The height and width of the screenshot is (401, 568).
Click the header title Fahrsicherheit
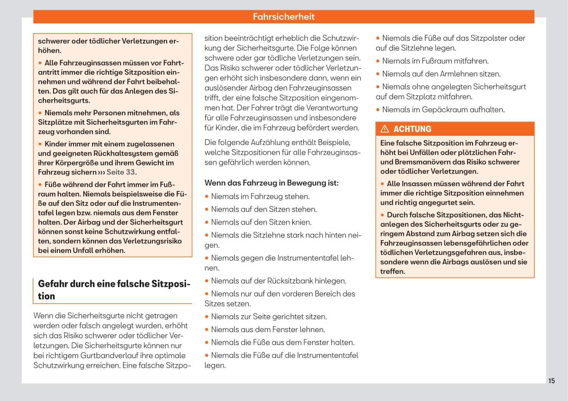283,17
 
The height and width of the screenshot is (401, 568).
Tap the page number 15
551,381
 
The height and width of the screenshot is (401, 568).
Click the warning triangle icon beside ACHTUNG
385,129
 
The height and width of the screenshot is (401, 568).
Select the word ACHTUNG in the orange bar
412,129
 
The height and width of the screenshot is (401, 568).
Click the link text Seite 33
121,172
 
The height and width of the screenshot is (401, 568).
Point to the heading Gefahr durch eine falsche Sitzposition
114,290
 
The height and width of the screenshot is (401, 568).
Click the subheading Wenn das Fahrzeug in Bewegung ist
271,183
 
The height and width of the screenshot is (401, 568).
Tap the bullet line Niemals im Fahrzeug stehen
260,196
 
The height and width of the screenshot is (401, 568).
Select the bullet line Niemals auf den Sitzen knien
261,222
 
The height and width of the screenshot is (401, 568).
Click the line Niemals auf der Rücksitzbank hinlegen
278,280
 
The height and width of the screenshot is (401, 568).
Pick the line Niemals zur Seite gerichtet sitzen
269,317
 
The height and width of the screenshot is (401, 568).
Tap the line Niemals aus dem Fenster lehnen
268,329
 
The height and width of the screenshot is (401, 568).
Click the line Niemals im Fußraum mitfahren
435,61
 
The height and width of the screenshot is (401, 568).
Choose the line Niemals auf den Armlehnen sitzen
441,73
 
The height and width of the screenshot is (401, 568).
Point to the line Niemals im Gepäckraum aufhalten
443,109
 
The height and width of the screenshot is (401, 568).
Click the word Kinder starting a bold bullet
55,144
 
